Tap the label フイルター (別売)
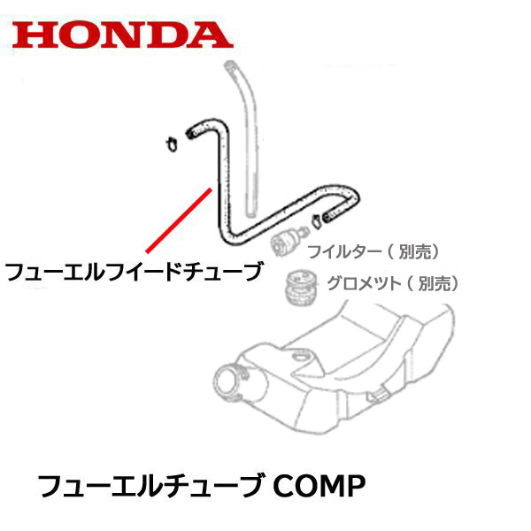point(373,252)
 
